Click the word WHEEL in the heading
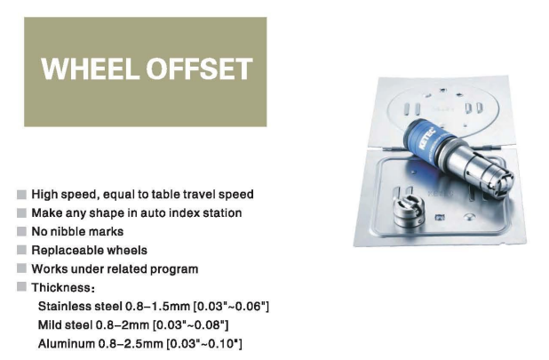(90, 68)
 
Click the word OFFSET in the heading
(200, 68)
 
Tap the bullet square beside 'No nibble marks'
(21, 231)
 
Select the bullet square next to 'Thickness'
(21, 287)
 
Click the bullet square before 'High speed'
(21, 195)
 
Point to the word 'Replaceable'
(67, 251)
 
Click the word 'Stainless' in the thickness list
(64, 306)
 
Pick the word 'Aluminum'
(67, 343)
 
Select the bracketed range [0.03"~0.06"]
(231, 306)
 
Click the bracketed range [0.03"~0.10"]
(203, 343)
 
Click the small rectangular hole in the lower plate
(440, 218)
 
